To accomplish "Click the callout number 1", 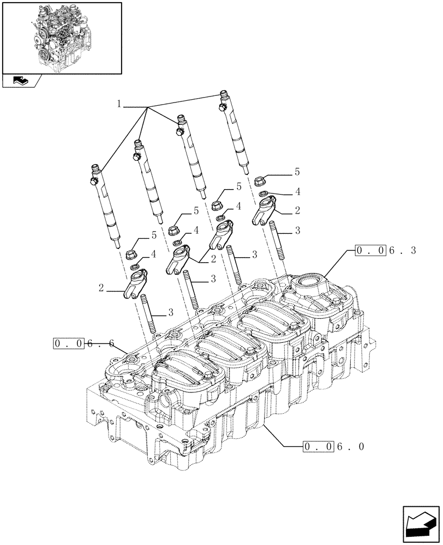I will [x=118, y=104].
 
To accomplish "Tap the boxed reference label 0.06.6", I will [x=83, y=344].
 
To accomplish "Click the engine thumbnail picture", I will [x=62, y=38].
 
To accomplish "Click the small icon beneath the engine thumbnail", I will [x=20, y=81].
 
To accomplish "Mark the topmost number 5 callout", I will [x=297, y=172].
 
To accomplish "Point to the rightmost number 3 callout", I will [x=297, y=231].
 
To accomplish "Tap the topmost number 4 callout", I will [x=298, y=191].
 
